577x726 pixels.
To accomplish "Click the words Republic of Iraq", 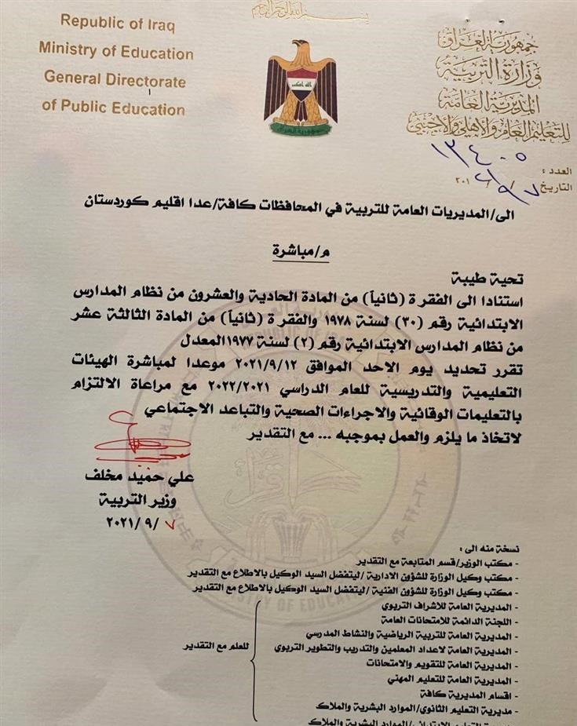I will point(118,24).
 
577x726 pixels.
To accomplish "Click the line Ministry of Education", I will point(116,53).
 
